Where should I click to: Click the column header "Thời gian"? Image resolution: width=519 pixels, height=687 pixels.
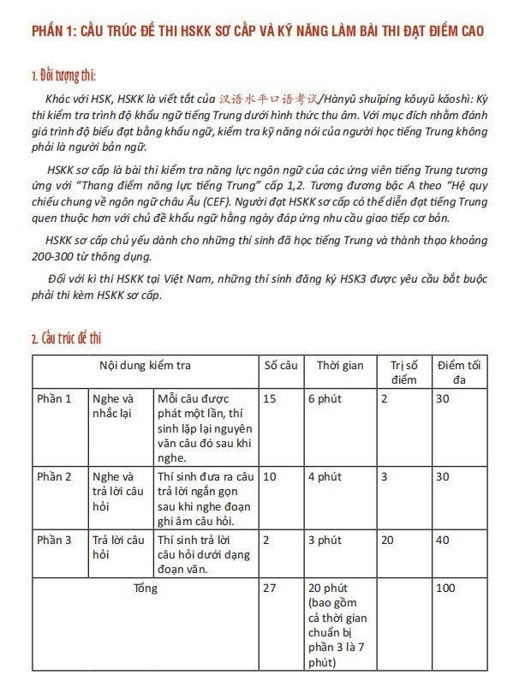point(339,366)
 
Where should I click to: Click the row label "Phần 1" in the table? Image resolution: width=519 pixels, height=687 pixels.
point(54,398)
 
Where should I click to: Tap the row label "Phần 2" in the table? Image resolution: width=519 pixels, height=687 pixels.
point(54,476)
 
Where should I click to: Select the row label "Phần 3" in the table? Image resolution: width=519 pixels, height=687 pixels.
point(54,540)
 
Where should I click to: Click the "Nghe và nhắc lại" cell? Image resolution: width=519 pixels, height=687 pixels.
point(113,406)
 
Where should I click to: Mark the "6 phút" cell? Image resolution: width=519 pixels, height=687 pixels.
point(325,398)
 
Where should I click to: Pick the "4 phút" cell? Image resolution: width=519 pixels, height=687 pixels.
point(325,476)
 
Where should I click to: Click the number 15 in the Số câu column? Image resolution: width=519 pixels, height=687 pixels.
point(270,398)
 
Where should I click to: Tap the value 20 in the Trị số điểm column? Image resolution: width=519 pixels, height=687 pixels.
point(387,540)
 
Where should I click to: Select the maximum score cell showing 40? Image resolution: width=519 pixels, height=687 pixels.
point(443,540)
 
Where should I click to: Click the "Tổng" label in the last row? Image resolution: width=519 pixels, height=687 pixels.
point(146,588)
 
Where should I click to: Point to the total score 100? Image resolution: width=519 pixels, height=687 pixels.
point(445,588)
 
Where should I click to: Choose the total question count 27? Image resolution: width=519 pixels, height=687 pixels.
point(270,588)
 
